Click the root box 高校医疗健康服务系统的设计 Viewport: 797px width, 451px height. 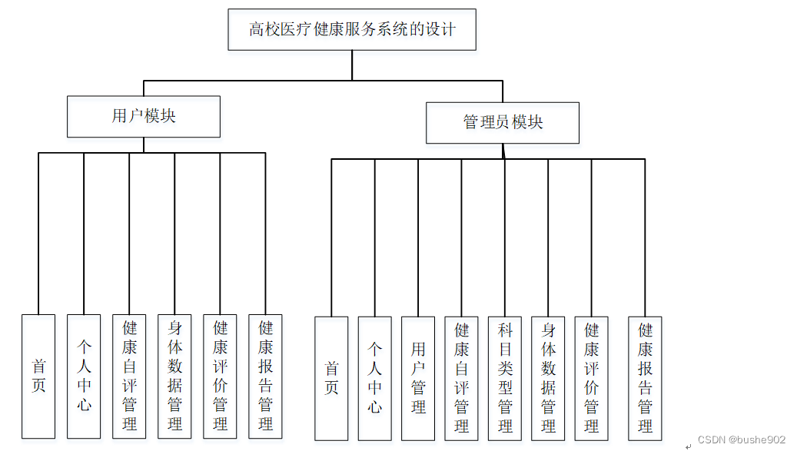coord(352,30)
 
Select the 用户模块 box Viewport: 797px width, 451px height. coord(144,117)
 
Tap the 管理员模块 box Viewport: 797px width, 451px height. coord(503,122)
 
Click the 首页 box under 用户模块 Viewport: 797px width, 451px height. coord(38,376)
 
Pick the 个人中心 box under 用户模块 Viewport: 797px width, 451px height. coord(84,376)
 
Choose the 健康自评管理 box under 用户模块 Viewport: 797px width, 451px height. coord(129,376)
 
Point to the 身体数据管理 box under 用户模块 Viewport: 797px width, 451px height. coord(174,376)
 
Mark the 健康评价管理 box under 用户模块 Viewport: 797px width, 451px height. coord(220,376)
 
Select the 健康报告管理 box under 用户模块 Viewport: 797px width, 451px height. coord(265,376)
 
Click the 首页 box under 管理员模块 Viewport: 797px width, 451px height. coord(331,378)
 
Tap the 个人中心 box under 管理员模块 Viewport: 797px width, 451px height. coord(374,378)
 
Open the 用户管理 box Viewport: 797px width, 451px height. coord(418,378)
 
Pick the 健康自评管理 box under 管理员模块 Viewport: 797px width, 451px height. coord(461,378)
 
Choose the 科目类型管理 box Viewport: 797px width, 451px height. coord(505,378)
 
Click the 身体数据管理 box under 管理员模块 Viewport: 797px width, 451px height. coord(548,378)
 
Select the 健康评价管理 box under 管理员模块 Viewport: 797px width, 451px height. coord(591,378)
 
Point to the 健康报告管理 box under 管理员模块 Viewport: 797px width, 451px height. coord(645,378)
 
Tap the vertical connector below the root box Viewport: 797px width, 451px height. coord(352,65)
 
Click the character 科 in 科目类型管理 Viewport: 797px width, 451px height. coord(505,331)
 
